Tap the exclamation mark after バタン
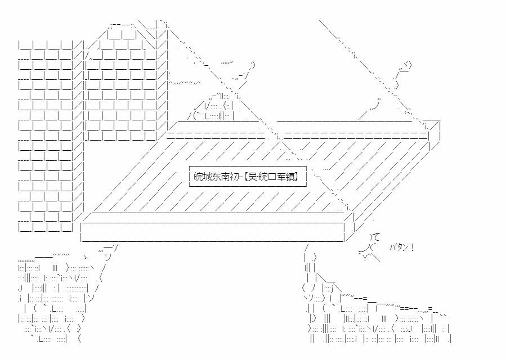pyautogui.click(x=413, y=247)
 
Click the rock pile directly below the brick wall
pyautogui.click(x=56, y=298)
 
